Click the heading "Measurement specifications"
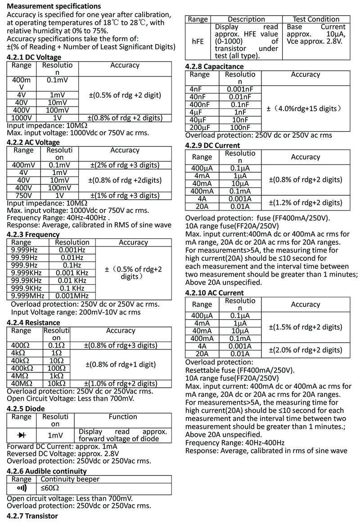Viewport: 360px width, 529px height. click(x=54, y=7)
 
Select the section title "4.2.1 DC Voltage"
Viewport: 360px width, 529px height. click(x=34, y=57)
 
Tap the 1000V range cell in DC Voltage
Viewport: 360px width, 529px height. click(x=21, y=118)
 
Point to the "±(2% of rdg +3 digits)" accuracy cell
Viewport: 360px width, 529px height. click(x=125, y=165)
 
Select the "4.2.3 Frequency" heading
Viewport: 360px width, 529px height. click(x=33, y=234)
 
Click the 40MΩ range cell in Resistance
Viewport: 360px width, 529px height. click(x=21, y=384)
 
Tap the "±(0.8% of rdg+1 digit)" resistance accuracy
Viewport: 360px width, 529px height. click(x=121, y=364)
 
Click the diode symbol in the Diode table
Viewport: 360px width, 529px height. click(x=21, y=435)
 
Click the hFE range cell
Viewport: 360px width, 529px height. click(x=198, y=40)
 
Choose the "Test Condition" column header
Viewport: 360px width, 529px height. click(x=316, y=19)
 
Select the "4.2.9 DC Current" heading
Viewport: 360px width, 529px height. click(x=212, y=145)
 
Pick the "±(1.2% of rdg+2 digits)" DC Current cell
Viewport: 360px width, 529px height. click(x=305, y=202)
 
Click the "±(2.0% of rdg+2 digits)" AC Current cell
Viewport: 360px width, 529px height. click(x=305, y=350)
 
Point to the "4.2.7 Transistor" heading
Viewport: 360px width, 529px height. click(x=32, y=516)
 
